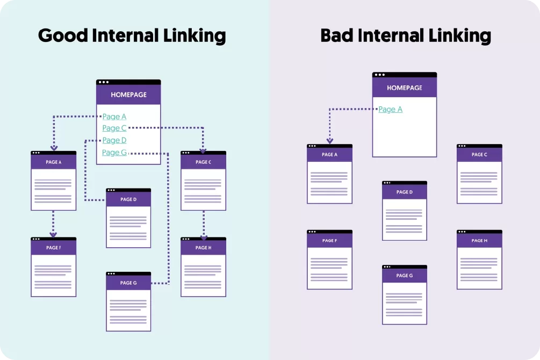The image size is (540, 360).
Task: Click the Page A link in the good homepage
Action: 114,117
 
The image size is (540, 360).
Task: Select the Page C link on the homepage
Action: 114,128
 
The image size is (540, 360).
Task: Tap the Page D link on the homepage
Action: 114,140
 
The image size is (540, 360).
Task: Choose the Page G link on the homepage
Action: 114,153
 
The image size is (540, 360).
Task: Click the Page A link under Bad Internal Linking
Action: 390,110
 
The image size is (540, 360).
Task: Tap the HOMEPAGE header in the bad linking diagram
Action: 405,88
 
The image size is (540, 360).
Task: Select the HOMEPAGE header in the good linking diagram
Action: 128,95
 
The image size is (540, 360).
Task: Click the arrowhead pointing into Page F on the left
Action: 53,234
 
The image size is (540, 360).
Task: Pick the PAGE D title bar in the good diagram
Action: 128,199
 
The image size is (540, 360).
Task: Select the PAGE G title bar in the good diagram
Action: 128,283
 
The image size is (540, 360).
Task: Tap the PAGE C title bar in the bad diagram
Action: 479,155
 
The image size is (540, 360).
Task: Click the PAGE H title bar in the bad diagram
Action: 479,241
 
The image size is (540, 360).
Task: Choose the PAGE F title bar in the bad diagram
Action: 329,241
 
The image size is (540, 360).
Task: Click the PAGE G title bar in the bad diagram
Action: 405,276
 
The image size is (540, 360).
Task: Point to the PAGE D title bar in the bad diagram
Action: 405,192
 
